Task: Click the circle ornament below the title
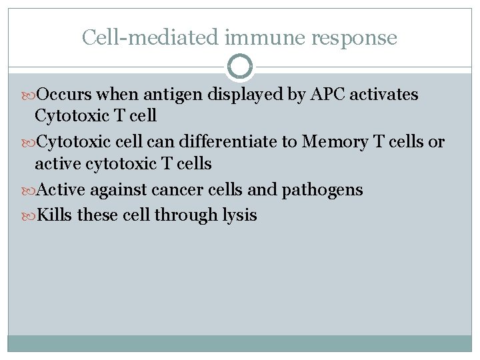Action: click(x=240, y=67)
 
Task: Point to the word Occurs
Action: click(x=63, y=95)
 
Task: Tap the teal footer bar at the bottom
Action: click(x=240, y=343)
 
